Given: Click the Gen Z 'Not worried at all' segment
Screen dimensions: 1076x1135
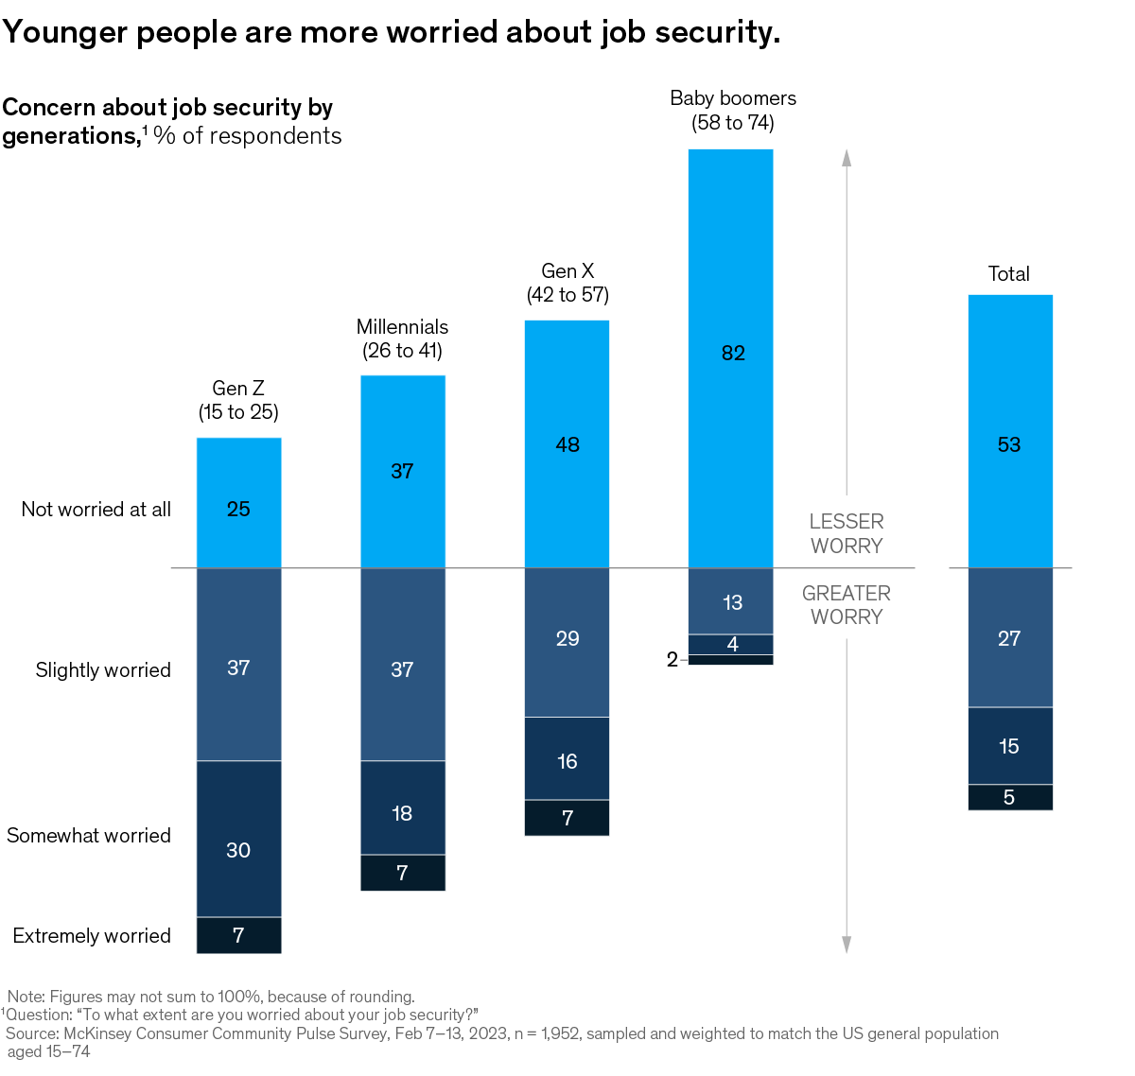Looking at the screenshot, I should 238,502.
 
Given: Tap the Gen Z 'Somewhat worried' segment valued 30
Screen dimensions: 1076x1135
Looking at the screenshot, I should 238,839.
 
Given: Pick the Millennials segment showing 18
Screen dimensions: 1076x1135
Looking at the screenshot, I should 402,807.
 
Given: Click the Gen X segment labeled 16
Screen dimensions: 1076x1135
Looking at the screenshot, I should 567,758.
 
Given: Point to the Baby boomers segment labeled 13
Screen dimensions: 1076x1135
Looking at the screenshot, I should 730,601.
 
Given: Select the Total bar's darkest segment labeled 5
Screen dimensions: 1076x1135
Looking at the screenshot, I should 1010,797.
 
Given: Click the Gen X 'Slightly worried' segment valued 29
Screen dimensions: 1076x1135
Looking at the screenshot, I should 567,643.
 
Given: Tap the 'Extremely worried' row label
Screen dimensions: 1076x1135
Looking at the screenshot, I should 92,936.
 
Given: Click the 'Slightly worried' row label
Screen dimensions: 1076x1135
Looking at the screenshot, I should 103,670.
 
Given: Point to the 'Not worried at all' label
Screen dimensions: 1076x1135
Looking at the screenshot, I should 96,510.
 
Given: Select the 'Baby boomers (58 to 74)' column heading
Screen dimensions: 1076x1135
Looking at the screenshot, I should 733,111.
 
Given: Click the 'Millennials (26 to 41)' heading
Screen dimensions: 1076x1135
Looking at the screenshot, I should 402,338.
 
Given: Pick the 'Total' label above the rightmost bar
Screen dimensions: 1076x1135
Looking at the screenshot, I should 1009,274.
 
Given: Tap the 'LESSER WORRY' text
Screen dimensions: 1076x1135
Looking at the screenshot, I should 847,533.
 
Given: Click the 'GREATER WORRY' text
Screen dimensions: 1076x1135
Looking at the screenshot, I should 847,605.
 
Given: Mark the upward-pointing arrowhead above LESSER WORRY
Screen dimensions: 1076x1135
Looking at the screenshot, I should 847,157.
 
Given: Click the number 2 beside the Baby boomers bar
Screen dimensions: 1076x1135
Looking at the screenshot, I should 672,660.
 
